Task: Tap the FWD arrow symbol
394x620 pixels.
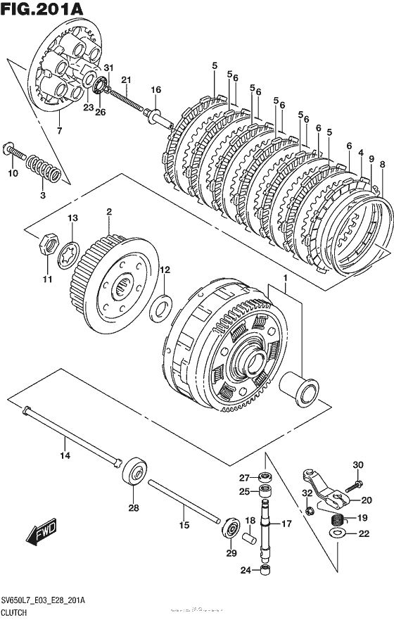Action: tap(44, 533)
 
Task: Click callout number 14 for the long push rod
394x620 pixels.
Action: tap(64, 456)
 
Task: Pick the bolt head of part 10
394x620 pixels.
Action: tap(9, 148)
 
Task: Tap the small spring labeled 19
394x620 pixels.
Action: tap(341, 521)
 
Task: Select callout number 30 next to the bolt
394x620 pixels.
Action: tap(358, 464)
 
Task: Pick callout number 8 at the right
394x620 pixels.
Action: tap(382, 164)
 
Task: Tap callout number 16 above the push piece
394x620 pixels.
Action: tap(155, 89)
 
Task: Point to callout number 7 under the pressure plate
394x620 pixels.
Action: tap(59, 131)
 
